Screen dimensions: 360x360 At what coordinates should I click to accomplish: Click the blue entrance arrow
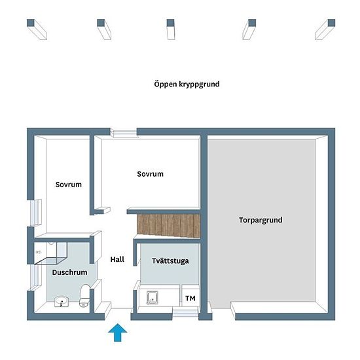coord(117,333)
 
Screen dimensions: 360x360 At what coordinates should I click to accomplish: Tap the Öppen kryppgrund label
coord(187,84)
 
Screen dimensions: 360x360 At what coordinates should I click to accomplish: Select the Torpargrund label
coord(261,220)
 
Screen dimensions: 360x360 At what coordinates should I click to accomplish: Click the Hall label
coord(117,259)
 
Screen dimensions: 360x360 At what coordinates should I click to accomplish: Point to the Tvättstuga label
coord(170,261)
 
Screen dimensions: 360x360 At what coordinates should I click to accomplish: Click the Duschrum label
coord(69,272)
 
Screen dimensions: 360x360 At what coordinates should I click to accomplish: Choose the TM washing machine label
coord(190,298)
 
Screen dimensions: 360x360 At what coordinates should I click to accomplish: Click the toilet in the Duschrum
coord(84,295)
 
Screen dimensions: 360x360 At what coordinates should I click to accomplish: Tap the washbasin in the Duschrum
coord(62,302)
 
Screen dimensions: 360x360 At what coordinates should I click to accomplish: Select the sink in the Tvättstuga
coord(153,298)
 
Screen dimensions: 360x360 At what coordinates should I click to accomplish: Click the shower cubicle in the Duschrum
coord(51,253)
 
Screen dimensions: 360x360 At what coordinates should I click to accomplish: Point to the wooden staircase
coord(168,225)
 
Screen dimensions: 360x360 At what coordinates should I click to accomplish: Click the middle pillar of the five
coord(171,29)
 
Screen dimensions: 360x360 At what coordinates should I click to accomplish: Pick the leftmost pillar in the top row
coord(37,29)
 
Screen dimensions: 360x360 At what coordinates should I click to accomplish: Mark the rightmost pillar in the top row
coord(325,29)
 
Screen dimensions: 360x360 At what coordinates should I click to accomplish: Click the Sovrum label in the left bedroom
coord(69,185)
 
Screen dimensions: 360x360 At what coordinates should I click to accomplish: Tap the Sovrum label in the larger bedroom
coord(150,174)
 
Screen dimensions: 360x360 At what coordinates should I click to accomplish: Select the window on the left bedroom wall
coord(36,213)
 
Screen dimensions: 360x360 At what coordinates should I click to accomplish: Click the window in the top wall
coord(124,133)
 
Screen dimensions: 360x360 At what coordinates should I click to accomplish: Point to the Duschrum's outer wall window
coord(36,278)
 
